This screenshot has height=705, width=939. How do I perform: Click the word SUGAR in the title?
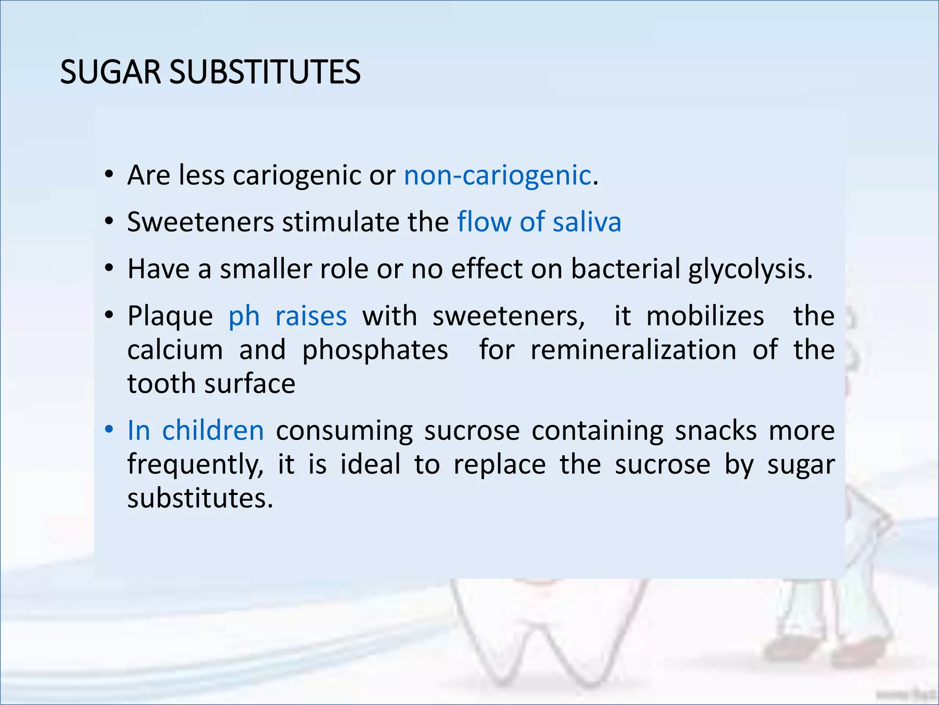(110, 73)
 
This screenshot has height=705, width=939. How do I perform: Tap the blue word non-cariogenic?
(497, 175)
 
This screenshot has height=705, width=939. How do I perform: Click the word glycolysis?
(750, 269)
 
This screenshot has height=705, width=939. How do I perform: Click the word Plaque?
(170, 317)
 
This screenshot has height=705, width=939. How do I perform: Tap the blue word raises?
(311, 316)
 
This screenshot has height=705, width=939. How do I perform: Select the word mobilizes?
(705, 316)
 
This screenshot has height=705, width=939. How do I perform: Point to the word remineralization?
(633, 350)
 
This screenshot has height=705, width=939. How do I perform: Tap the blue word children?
(213, 431)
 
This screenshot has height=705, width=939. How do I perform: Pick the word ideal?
(370, 464)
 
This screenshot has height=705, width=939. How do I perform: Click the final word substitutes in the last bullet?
(200, 498)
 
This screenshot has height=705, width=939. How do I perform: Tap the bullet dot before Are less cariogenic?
(109, 175)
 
